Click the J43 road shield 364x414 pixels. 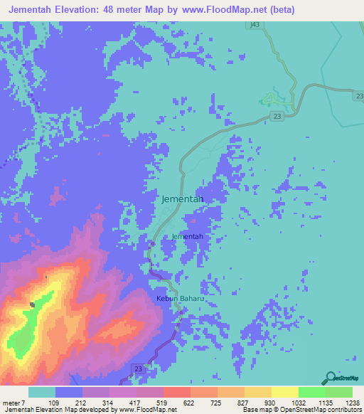(255, 24)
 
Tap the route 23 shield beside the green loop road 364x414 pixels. (276, 116)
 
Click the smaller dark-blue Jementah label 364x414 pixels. (188, 236)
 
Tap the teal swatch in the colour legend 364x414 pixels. (41, 392)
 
